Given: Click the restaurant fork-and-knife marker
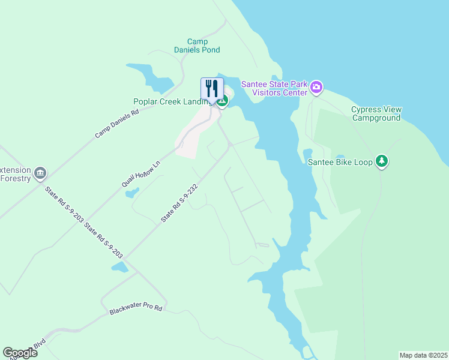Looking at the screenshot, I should [212, 88].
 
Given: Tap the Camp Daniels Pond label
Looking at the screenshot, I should [197, 46].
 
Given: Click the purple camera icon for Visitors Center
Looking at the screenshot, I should [317, 88].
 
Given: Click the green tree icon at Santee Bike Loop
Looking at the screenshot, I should [382, 161].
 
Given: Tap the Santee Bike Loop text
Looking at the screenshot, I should [340, 161].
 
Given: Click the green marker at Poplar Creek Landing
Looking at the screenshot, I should [222, 101].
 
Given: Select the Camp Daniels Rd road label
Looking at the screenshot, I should [116, 124].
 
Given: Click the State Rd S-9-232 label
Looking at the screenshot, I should [179, 204].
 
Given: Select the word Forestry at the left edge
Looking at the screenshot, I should [14, 178].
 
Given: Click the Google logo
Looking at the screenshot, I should [20, 353].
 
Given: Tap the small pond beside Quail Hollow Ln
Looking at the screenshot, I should [131, 193].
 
